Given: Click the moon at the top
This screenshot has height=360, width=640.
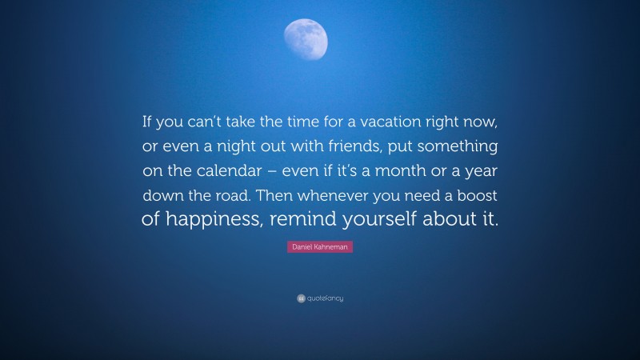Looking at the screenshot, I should click(306, 38).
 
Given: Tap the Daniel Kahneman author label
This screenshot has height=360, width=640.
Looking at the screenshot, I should click(319, 248).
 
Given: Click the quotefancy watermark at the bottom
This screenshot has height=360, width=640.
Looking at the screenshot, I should click(320, 298).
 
